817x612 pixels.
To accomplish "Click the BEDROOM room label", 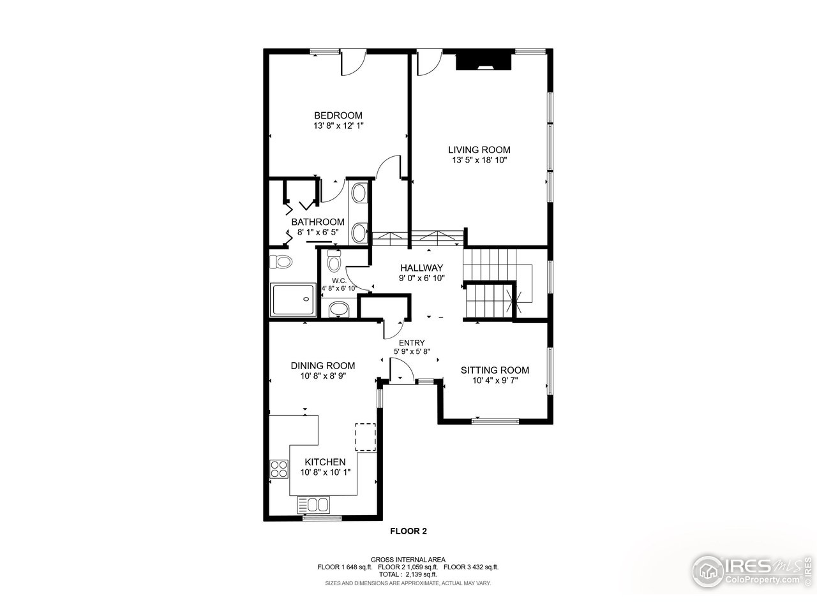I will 338,115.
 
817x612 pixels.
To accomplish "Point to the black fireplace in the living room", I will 484,61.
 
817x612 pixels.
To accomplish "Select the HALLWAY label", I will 421,268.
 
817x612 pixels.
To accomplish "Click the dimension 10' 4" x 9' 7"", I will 495,381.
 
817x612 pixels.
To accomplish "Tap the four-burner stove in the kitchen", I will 279,469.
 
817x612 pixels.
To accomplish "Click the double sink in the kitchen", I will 313,505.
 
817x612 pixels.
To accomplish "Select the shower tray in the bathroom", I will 294,300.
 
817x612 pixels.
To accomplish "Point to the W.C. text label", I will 339,280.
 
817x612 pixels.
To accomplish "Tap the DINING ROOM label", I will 323,366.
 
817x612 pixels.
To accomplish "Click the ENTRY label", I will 412,343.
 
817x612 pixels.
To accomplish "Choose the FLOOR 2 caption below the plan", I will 408,530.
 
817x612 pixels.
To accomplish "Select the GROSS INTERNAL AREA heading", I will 408,559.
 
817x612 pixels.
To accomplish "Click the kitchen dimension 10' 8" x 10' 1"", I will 325,473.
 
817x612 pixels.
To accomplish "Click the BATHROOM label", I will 318,222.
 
